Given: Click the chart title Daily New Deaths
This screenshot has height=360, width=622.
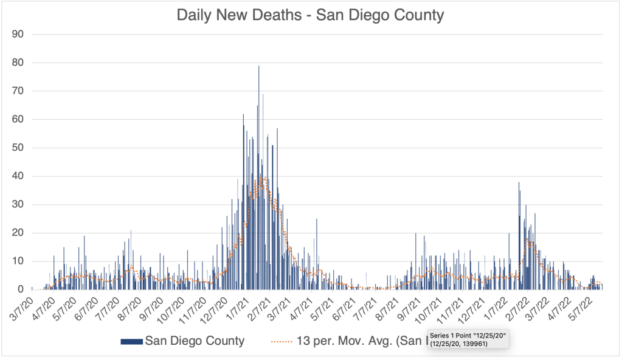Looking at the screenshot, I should tap(310, 15).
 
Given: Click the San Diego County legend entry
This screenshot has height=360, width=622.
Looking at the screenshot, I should tap(195, 341).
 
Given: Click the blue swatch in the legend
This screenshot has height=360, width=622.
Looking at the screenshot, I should tap(131, 341).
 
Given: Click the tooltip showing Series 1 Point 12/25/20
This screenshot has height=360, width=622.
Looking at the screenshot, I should tap(468, 339).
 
